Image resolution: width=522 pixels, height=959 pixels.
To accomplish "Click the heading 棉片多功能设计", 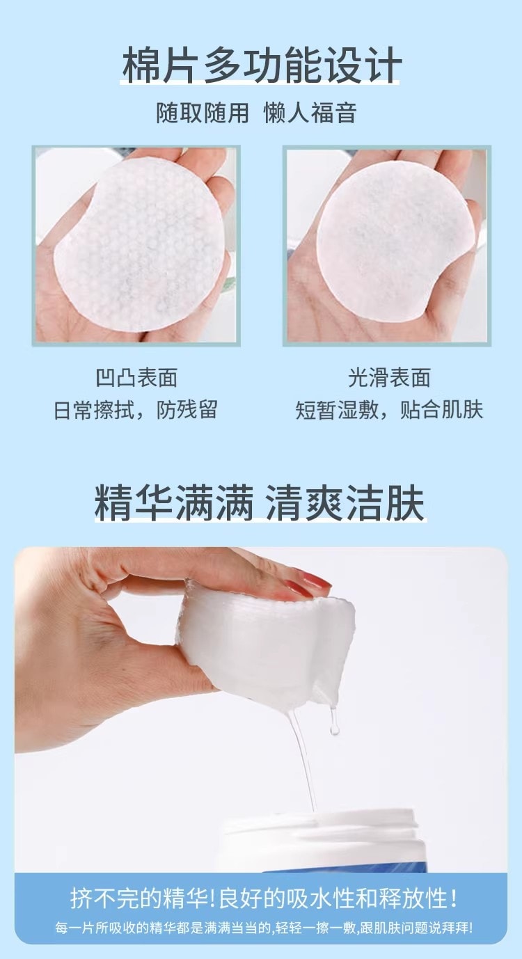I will pyautogui.click(x=262, y=66).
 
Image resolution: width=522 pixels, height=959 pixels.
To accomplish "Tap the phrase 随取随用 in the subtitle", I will pyautogui.click(x=202, y=113).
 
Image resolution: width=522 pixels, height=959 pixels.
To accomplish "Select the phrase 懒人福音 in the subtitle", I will pyautogui.click(x=310, y=113).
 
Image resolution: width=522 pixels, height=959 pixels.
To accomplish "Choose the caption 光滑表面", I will pyautogui.click(x=389, y=378).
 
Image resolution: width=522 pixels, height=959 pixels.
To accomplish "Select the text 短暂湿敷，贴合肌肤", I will pyautogui.click(x=389, y=410).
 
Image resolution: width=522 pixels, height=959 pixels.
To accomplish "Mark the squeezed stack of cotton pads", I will pyautogui.click(x=268, y=637).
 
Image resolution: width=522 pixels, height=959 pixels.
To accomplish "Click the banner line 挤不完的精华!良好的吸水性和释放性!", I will pyautogui.click(x=264, y=898).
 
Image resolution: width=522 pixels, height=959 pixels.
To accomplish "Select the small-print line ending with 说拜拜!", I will pyautogui.click(x=264, y=928).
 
